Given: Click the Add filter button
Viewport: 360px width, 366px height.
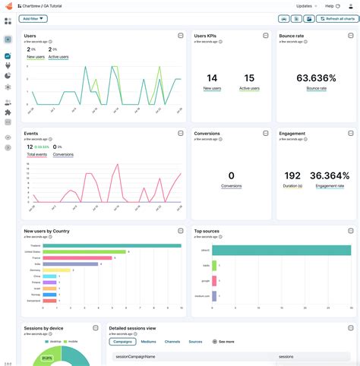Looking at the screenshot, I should pos(34,18).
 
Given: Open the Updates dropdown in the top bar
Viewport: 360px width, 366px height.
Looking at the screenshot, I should pos(306,5).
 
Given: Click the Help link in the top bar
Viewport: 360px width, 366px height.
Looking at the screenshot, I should pos(330,5).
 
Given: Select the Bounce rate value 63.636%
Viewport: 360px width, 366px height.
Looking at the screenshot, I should pos(317,77).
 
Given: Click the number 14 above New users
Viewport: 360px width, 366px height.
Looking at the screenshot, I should pos(212,77).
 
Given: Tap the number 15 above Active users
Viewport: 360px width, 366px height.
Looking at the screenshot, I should pos(249,77).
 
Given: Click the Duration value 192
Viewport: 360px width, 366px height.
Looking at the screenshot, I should pos(292,175).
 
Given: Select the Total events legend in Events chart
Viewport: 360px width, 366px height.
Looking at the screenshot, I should pos(36,154).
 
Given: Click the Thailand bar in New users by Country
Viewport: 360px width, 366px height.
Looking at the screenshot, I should pos(112,245).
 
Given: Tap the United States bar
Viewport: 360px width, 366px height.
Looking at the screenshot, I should pos(85,251).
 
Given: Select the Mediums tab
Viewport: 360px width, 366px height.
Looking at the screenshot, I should pos(148,342).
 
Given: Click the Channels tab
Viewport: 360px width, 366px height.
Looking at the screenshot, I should pos(172,342).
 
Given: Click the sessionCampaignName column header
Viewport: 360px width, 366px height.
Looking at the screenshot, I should pos(135,356).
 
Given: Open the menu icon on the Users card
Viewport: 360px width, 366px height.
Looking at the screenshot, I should pos(180,36).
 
